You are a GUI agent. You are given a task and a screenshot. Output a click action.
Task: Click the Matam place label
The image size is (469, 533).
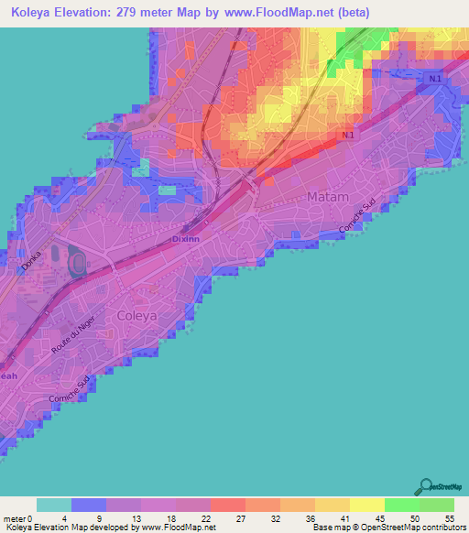328,196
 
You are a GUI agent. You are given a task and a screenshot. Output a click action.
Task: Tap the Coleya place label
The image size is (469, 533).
137,315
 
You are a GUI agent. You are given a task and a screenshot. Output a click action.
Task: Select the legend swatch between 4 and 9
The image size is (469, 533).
89,505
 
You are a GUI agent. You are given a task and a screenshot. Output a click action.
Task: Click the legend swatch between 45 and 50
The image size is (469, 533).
402,505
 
